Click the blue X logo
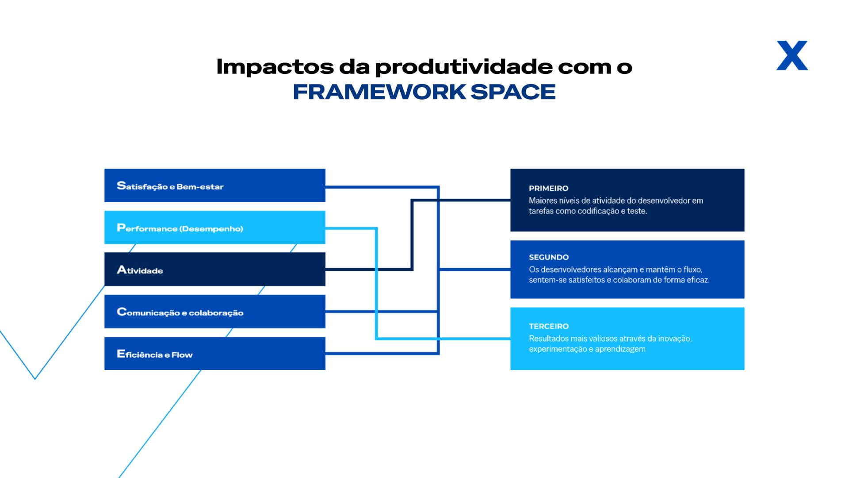(x=792, y=55)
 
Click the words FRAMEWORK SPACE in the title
(x=424, y=92)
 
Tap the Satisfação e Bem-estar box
(x=215, y=185)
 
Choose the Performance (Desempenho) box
(x=215, y=227)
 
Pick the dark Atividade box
(x=215, y=269)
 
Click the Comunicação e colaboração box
(x=215, y=312)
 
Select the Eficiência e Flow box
(x=215, y=354)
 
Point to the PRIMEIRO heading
(x=548, y=188)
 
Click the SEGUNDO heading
(x=549, y=257)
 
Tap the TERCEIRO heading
(x=549, y=326)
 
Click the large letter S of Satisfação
(x=121, y=185)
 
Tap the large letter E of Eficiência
(x=121, y=354)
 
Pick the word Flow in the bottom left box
(x=182, y=355)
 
